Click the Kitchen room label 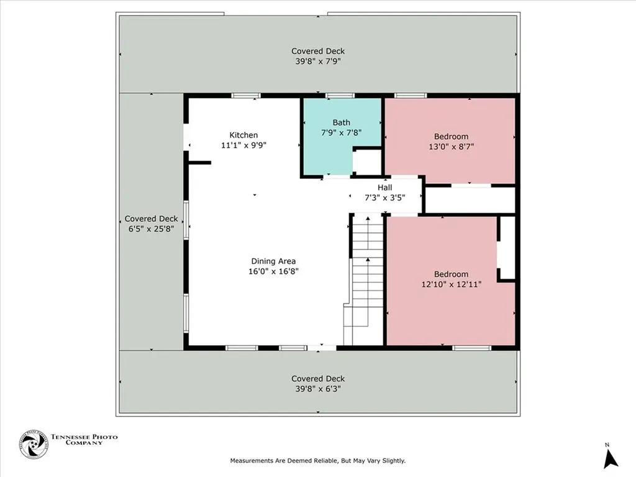click(x=243, y=135)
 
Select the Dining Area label click(x=273, y=261)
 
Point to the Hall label click(x=385, y=187)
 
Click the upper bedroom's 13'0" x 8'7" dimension click(x=451, y=147)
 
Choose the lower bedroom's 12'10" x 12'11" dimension click(x=451, y=284)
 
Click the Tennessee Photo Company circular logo click(x=34, y=444)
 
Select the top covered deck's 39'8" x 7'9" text click(x=318, y=61)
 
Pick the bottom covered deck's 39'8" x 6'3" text click(x=318, y=389)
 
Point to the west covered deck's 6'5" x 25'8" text click(x=151, y=229)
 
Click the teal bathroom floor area click(x=329, y=155)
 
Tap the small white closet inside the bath click(x=366, y=163)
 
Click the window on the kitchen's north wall click(x=245, y=96)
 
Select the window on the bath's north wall click(x=340, y=96)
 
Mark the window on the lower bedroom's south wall click(x=471, y=348)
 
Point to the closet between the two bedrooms click(x=470, y=200)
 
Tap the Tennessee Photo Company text click(x=84, y=440)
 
